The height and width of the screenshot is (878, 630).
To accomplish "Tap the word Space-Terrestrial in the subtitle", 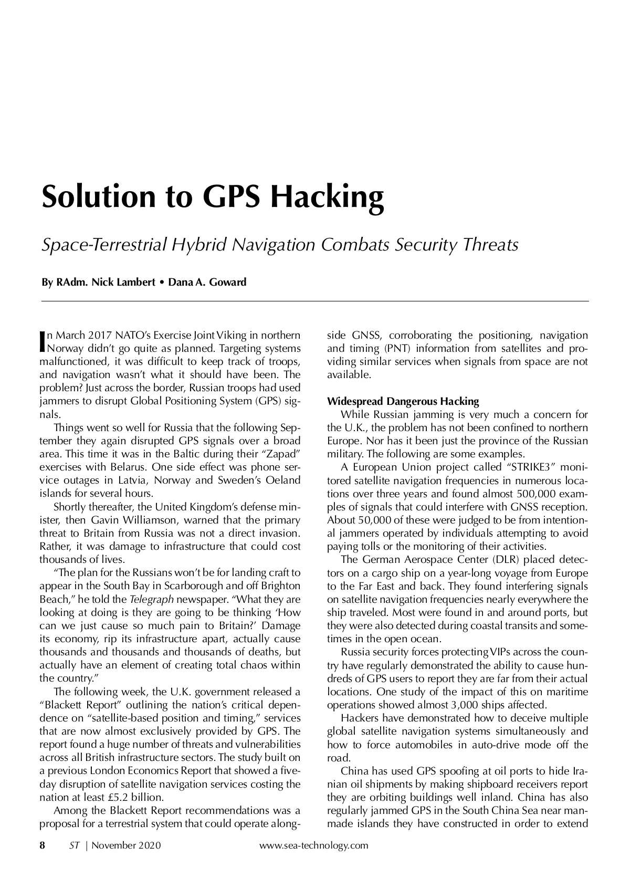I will coord(103,245).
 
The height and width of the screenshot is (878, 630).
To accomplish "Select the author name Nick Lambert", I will coord(123,283).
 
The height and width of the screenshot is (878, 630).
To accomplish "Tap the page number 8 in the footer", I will coord(43,845).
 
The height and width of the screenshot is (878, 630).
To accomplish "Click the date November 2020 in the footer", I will coord(127,845).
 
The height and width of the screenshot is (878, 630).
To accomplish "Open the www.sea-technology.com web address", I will coord(314,845).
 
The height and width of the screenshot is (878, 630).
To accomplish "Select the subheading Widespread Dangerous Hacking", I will coord(403,402).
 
